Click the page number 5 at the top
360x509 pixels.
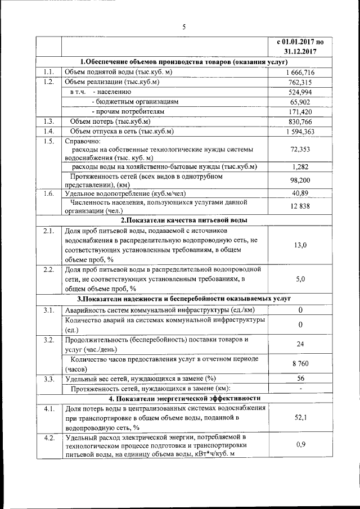point(183,27)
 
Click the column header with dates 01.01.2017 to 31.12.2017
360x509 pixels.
point(300,46)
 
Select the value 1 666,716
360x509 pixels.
point(300,73)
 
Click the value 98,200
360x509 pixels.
point(300,181)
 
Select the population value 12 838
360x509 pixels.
point(300,206)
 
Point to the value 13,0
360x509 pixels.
point(300,245)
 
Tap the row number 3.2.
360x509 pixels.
point(49,340)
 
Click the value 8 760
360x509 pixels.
point(300,364)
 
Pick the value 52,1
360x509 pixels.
point(300,418)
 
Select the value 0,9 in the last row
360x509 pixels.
point(300,445)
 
